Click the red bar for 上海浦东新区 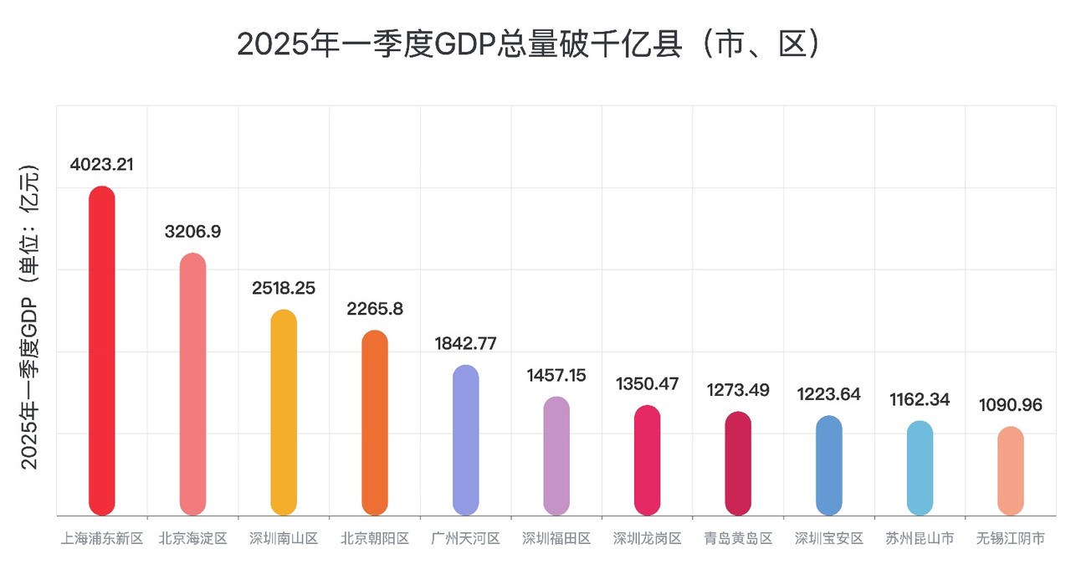(x=101, y=352)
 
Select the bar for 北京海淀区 (x=192, y=385)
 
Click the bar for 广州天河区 (x=465, y=440)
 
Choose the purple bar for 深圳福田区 (x=556, y=456)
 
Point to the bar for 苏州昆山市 (x=920, y=468)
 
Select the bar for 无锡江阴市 (x=1011, y=471)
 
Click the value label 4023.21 (x=101, y=165)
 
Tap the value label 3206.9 (x=192, y=232)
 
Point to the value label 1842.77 (x=465, y=344)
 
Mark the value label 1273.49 (x=738, y=390)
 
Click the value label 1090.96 (x=1011, y=405)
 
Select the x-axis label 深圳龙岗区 (x=647, y=539)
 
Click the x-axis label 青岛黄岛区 (x=738, y=539)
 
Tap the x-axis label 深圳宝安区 (x=829, y=539)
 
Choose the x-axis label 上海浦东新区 (x=101, y=539)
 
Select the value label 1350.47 (x=647, y=385)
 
